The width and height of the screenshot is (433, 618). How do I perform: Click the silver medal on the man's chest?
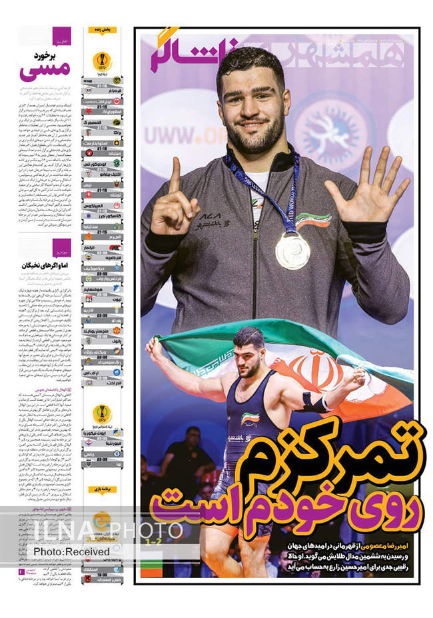tap(292, 250)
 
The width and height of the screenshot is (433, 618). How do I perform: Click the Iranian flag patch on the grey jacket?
tap(313, 219)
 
